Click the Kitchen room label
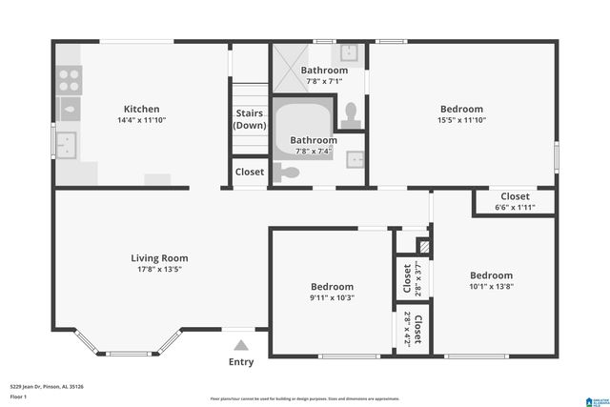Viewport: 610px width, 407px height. point(141,109)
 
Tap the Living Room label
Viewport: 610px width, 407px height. point(159,257)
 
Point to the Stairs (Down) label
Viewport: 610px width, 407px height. point(250,119)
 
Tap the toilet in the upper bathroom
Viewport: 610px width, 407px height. point(351,113)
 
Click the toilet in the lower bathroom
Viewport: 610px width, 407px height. point(285,173)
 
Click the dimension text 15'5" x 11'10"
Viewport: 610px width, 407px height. point(461,121)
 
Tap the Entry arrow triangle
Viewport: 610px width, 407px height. point(241,345)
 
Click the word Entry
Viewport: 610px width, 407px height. point(241,361)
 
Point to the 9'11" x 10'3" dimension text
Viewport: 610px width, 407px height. point(332,297)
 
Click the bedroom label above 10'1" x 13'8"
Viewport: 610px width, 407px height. point(490,275)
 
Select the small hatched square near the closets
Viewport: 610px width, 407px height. point(425,246)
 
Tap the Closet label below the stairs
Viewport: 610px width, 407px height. point(250,173)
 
